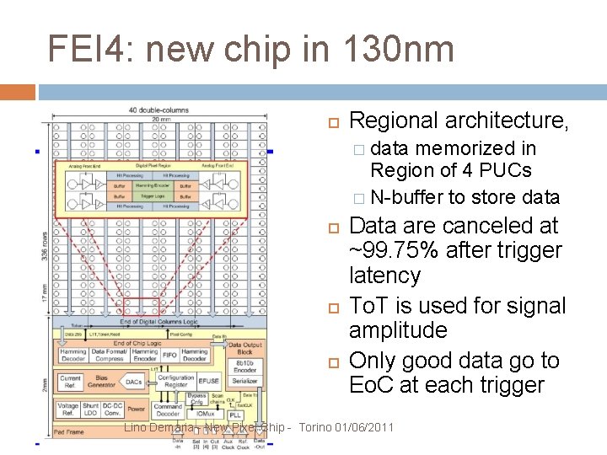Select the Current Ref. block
point(69,383)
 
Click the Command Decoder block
point(169,409)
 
